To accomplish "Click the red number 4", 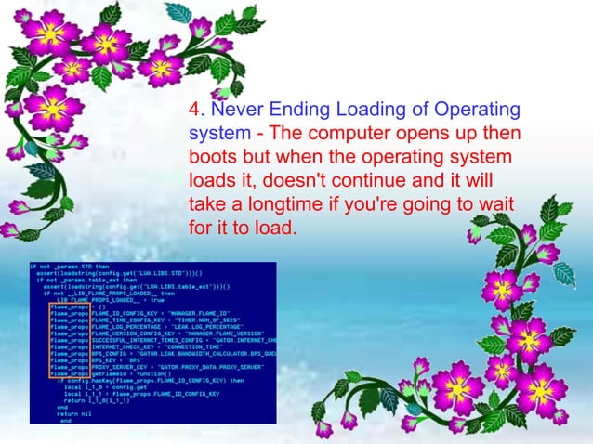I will coord(194,110).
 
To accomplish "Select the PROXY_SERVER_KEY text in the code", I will coord(117,367).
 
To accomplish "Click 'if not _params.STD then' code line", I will coord(68,267).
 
